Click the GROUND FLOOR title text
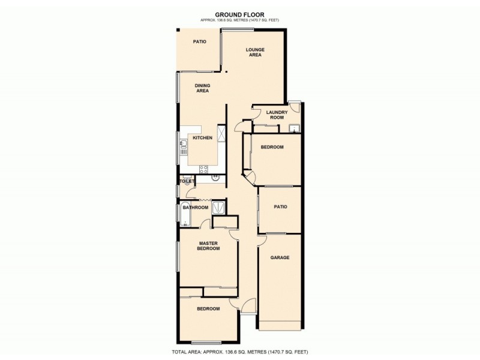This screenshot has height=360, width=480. point(239,15)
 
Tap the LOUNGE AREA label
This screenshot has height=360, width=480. point(256,52)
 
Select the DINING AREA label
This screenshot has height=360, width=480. point(202,88)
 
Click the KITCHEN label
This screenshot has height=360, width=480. point(202,138)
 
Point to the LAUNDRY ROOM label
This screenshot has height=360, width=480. point(277,115)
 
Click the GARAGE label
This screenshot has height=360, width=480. point(280,257)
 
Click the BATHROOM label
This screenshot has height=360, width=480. point(196,208)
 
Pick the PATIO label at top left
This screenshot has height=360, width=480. point(199,42)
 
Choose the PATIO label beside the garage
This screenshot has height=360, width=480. point(280,207)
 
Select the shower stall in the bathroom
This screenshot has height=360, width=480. point(218,207)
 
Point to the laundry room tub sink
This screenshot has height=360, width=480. point(294,128)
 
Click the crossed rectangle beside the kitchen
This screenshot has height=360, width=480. point(221,133)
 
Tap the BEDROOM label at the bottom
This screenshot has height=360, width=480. point(208,308)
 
